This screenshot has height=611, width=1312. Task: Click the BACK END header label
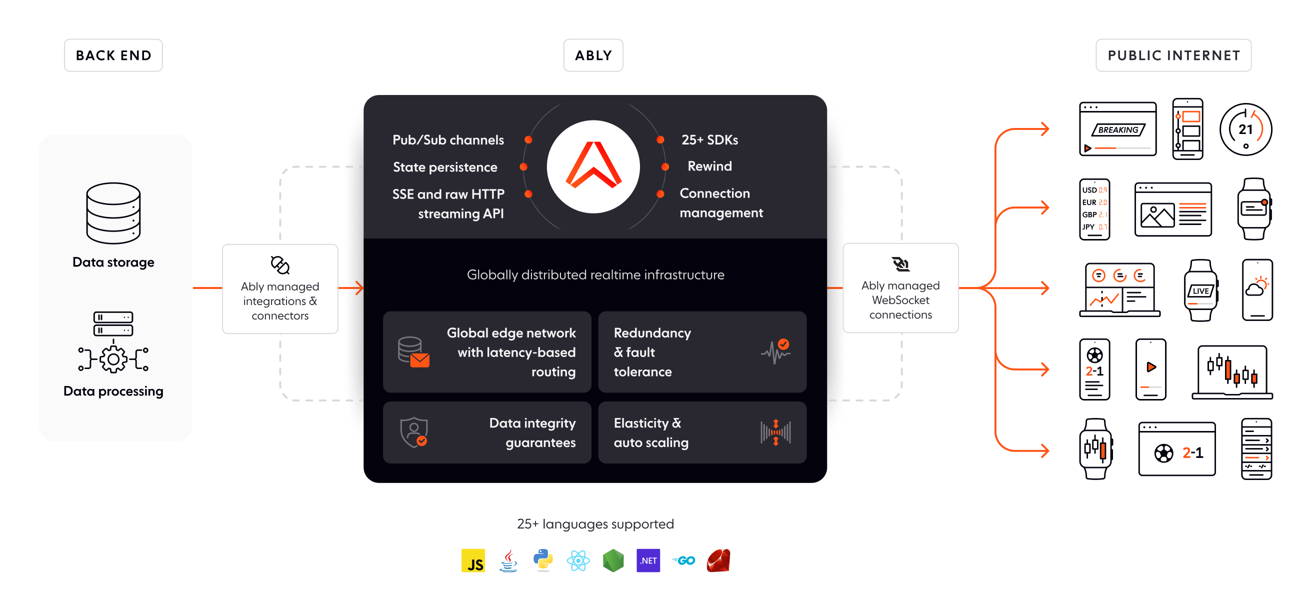[113, 55]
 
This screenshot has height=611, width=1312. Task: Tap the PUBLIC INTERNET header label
[1173, 55]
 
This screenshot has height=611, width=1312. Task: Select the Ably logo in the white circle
[593, 166]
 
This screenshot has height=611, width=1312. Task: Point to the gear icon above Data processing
[113, 359]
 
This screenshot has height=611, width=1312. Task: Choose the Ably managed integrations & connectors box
[280, 288]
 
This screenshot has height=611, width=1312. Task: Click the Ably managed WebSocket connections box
[900, 288]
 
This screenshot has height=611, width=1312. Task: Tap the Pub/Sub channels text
[448, 139]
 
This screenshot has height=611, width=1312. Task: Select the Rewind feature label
[709, 166]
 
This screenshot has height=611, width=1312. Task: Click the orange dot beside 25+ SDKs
[660, 139]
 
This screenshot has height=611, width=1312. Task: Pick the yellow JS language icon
[472, 560]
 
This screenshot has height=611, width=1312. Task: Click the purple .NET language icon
[648, 560]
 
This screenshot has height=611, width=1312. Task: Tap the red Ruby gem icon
[718, 560]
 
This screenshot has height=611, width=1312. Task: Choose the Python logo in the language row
[543, 560]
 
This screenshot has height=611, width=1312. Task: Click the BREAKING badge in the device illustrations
[1117, 130]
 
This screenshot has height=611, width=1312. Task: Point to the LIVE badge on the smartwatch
[1200, 290]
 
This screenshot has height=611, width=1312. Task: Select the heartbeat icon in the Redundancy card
[775, 351]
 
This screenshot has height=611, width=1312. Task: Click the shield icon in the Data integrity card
[413, 432]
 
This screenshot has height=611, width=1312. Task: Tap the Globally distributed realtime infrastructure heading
[595, 274]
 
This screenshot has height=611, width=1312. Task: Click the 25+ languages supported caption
[595, 523]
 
